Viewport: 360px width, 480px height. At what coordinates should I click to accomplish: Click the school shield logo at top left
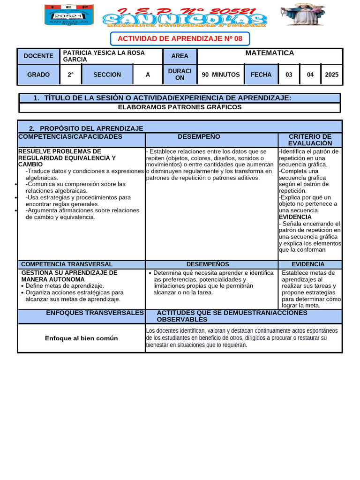(69, 15)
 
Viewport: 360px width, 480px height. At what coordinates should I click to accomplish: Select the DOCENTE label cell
(38, 56)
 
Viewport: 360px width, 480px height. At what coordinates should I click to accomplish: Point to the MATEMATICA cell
(270, 53)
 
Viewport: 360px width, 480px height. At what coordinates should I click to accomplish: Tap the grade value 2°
(70, 75)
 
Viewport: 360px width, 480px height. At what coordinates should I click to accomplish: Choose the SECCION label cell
(107, 75)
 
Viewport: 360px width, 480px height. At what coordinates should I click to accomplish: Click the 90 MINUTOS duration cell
(220, 75)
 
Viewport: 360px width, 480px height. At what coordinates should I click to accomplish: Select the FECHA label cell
(261, 75)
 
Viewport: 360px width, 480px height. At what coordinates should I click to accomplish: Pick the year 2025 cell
(331, 75)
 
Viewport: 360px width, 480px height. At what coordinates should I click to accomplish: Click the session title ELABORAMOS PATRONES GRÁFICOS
(180, 107)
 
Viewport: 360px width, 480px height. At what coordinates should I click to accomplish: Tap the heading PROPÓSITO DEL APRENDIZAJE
(91, 128)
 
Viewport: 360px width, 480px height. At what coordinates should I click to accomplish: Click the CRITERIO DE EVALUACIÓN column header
(310, 140)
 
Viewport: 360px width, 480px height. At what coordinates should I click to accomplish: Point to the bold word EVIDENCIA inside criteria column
(295, 217)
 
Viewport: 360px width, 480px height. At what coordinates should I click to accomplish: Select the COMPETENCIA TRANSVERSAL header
(67, 264)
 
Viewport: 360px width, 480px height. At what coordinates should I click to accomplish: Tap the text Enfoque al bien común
(81, 338)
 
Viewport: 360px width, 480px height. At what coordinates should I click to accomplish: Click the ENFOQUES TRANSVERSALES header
(95, 313)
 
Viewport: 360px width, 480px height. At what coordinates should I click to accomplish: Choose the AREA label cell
(180, 56)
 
